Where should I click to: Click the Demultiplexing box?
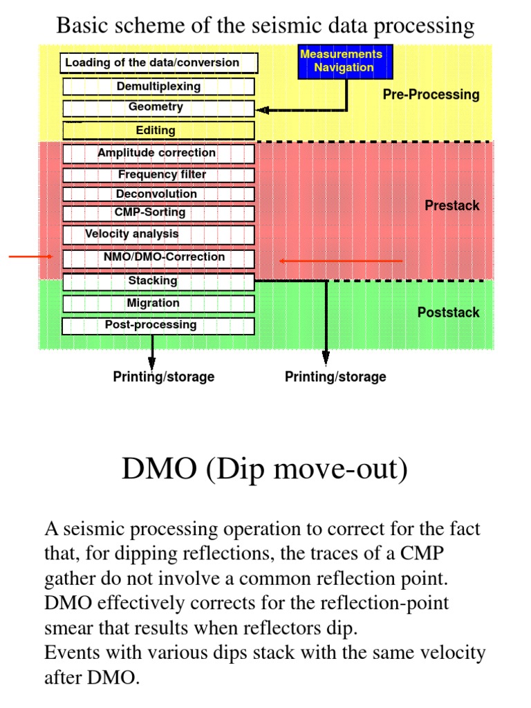pyautogui.click(x=158, y=86)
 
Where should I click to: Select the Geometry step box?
pyautogui.click(x=158, y=108)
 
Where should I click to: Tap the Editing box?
pyautogui.click(x=158, y=130)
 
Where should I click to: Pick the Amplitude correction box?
pyautogui.click(x=158, y=153)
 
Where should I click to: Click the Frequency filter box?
pyautogui.click(x=158, y=175)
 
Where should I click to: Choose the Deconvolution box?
pyautogui.click(x=158, y=194)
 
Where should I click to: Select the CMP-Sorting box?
pyautogui.click(x=158, y=213)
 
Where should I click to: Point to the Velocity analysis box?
pyautogui.click(x=158, y=234)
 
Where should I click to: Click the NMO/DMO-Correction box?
pyautogui.click(x=158, y=258)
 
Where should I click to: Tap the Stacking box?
pyautogui.click(x=158, y=281)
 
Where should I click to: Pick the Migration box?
pyautogui.click(x=158, y=304)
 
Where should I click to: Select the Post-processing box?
pyautogui.click(x=158, y=325)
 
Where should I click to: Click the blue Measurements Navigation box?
pyautogui.click(x=340, y=61)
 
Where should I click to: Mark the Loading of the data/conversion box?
pyautogui.click(x=158, y=63)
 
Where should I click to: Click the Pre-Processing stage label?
pyautogui.click(x=431, y=95)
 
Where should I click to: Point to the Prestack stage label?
pyautogui.click(x=451, y=205)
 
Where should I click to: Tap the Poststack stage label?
pyautogui.click(x=448, y=313)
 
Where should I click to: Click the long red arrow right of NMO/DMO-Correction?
pyautogui.click(x=340, y=261)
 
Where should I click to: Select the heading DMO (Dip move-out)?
pyautogui.click(x=265, y=469)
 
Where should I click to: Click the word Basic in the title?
pyautogui.click(x=83, y=26)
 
